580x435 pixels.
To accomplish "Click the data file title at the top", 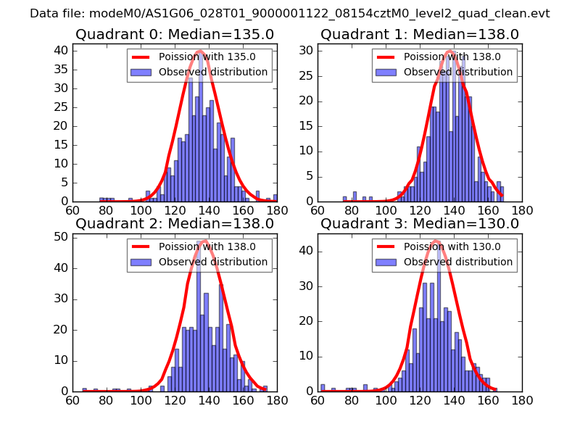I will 290,14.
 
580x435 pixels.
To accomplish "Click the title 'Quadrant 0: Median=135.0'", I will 175,35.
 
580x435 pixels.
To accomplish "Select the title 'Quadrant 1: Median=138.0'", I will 420,35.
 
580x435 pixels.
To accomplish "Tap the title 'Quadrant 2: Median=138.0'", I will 175,223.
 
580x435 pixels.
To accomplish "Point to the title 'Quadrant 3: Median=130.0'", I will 420,223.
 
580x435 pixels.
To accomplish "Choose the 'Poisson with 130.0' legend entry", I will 444,246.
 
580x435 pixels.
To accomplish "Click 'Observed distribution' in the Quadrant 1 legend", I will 457,72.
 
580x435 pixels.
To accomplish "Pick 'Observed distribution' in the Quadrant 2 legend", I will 212,262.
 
